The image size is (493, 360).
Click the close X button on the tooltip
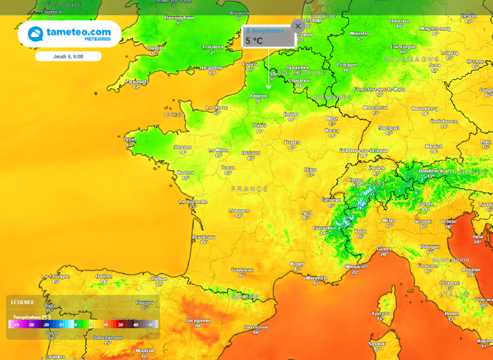coord(298,26)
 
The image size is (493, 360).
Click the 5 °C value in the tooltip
coord(254,41)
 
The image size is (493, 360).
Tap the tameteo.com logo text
coord(78,32)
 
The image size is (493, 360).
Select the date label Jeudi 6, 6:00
coord(68,56)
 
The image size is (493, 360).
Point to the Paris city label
coord(259,125)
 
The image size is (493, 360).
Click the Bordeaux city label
coord(204,237)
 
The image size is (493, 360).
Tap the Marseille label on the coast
coord(316,278)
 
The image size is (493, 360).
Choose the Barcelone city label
coord(256,327)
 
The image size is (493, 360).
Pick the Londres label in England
coord(212,47)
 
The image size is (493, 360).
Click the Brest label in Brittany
coord(130,139)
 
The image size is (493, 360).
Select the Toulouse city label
coord(242,270)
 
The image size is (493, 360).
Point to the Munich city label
coord(434,146)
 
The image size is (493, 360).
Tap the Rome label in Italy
coord(452,314)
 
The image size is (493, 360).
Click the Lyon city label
coord(306,213)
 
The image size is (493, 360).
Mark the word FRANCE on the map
coord(249,189)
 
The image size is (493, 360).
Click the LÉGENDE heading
coord(23,302)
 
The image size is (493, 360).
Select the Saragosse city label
coord(198,320)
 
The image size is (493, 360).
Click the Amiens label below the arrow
coord(258,96)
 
